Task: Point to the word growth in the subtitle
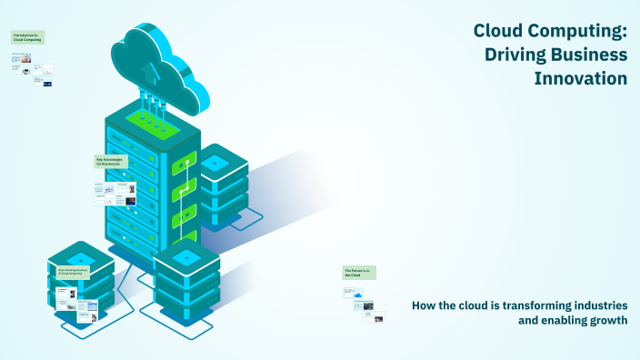[x=608, y=321]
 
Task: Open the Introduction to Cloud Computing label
[x=27, y=38]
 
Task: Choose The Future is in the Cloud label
[x=358, y=272]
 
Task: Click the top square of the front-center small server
[x=186, y=257]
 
